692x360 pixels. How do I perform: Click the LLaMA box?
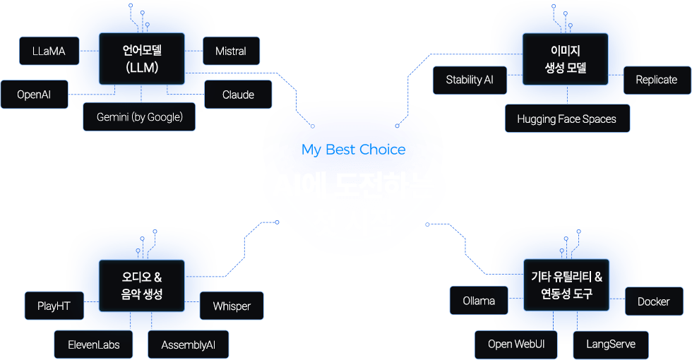click(x=49, y=51)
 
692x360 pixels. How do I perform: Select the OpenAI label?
click(x=34, y=95)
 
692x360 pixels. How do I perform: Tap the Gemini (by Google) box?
click(x=139, y=116)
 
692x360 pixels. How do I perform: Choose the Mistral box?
click(x=231, y=51)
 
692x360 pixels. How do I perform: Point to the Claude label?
click(x=238, y=95)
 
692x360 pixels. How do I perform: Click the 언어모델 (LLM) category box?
click(x=141, y=59)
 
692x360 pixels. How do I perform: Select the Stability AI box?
click(x=470, y=80)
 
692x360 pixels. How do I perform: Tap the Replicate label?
click(x=656, y=80)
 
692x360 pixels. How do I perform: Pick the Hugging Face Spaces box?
click(x=566, y=119)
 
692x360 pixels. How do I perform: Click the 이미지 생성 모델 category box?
click(x=566, y=59)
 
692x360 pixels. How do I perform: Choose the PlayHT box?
click(x=54, y=306)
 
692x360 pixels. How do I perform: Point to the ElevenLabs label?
click(x=94, y=344)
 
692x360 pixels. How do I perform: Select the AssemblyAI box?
click(x=188, y=344)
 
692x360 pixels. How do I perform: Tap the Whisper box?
click(x=232, y=306)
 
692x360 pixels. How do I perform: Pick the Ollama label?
click(x=479, y=301)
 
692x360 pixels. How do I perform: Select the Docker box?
click(x=653, y=301)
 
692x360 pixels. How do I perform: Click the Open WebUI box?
click(x=515, y=344)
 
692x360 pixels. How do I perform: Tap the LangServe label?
click(x=610, y=344)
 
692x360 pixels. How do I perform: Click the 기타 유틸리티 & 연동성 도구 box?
click(x=566, y=285)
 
